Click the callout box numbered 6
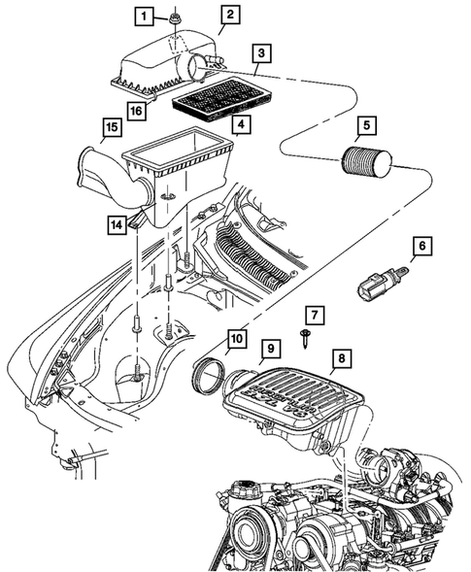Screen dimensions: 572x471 tap(421, 248)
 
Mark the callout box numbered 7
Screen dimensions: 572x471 tap(314, 315)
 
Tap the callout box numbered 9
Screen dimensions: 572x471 tap(271, 347)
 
